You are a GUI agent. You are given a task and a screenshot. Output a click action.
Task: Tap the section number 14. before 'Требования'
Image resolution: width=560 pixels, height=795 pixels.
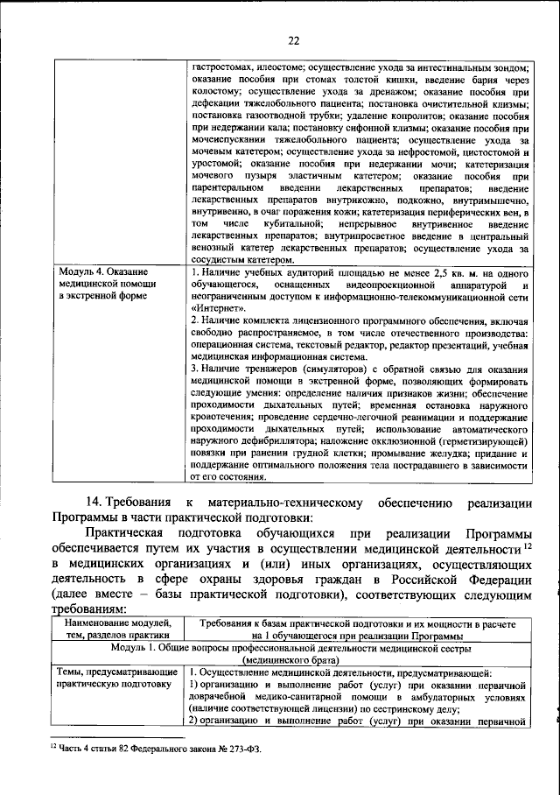(x=96, y=503)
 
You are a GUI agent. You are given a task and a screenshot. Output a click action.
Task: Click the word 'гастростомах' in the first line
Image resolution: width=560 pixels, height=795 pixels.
(x=220, y=67)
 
